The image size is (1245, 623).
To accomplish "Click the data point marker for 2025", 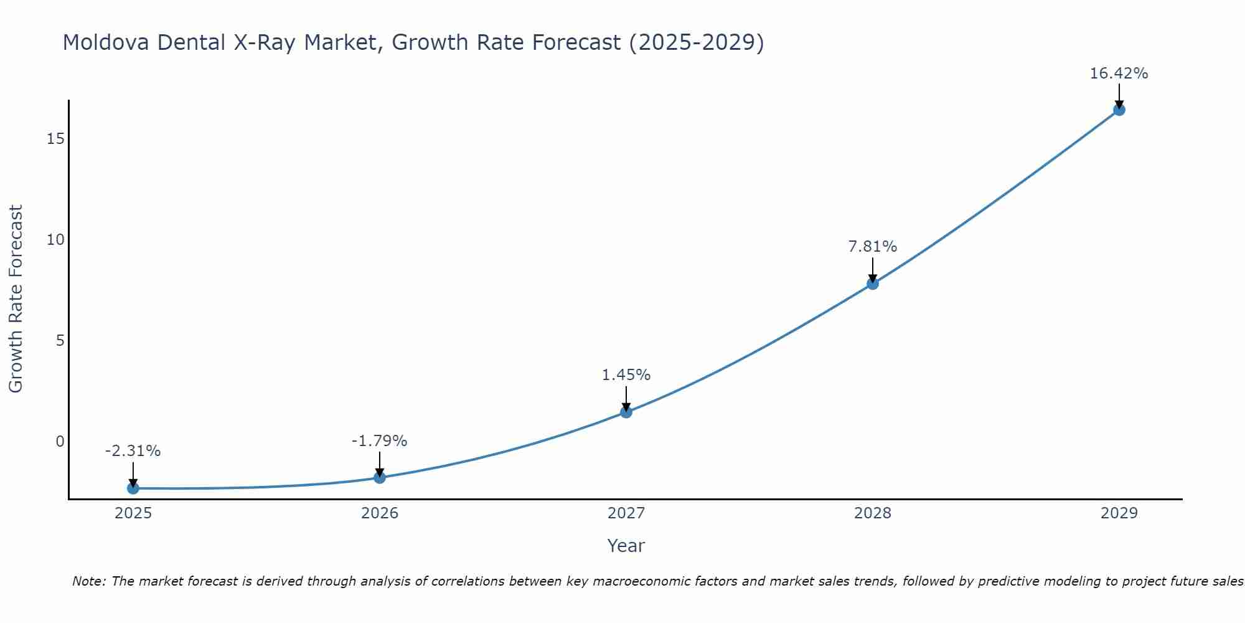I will [x=133, y=488].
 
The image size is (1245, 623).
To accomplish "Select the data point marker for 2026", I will [x=380, y=477].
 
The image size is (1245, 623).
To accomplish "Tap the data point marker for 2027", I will [x=626, y=412].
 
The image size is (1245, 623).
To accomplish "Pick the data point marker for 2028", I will [x=873, y=283].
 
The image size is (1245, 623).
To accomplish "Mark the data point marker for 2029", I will [x=1119, y=110].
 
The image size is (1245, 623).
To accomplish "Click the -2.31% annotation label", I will [x=133, y=451].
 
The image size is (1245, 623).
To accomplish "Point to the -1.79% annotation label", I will [x=380, y=441].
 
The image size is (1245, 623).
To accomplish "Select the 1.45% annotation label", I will [x=626, y=375].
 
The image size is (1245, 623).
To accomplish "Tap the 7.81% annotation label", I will [x=873, y=247].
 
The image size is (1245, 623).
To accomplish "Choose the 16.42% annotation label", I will [x=1119, y=74].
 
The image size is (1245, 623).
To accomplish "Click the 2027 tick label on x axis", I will [x=626, y=513].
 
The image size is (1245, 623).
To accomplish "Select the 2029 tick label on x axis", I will [x=1119, y=513].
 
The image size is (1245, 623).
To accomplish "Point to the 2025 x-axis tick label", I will [x=133, y=513].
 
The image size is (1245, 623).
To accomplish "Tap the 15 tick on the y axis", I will [x=56, y=138].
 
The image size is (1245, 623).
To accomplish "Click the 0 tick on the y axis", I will [x=60, y=442].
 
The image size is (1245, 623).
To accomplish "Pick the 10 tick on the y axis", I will [x=56, y=240].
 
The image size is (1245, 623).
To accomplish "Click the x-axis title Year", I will [x=626, y=546].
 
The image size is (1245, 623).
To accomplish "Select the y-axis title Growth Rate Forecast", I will [x=16, y=299].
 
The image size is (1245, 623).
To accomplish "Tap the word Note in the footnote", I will [x=89, y=581].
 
